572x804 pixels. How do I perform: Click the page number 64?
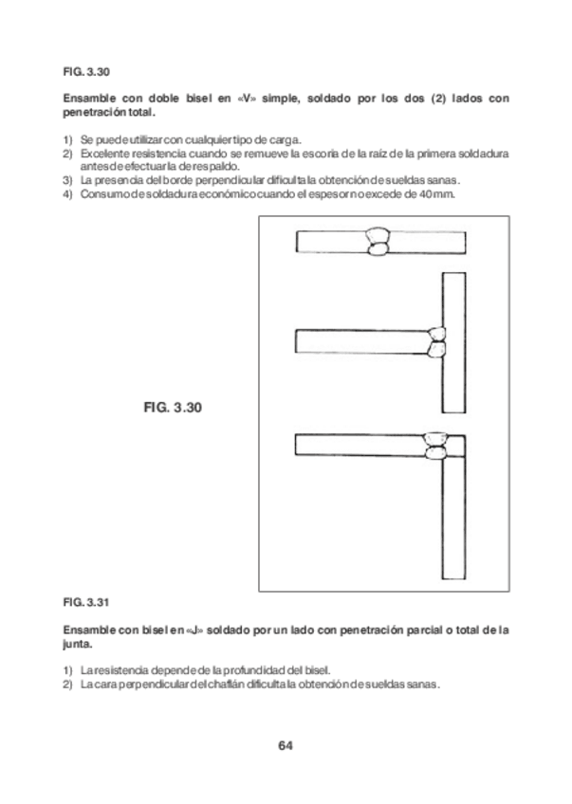(x=285, y=743)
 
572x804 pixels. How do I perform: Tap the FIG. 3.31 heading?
(x=87, y=601)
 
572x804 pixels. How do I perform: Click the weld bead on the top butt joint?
(x=379, y=242)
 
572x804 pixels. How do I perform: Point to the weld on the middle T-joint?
(x=438, y=341)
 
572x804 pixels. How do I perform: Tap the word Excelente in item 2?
(x=104, y=153)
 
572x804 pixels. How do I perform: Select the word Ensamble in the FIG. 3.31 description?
(x=87, y=629)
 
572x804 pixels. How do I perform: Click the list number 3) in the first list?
(x=67, y=180)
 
